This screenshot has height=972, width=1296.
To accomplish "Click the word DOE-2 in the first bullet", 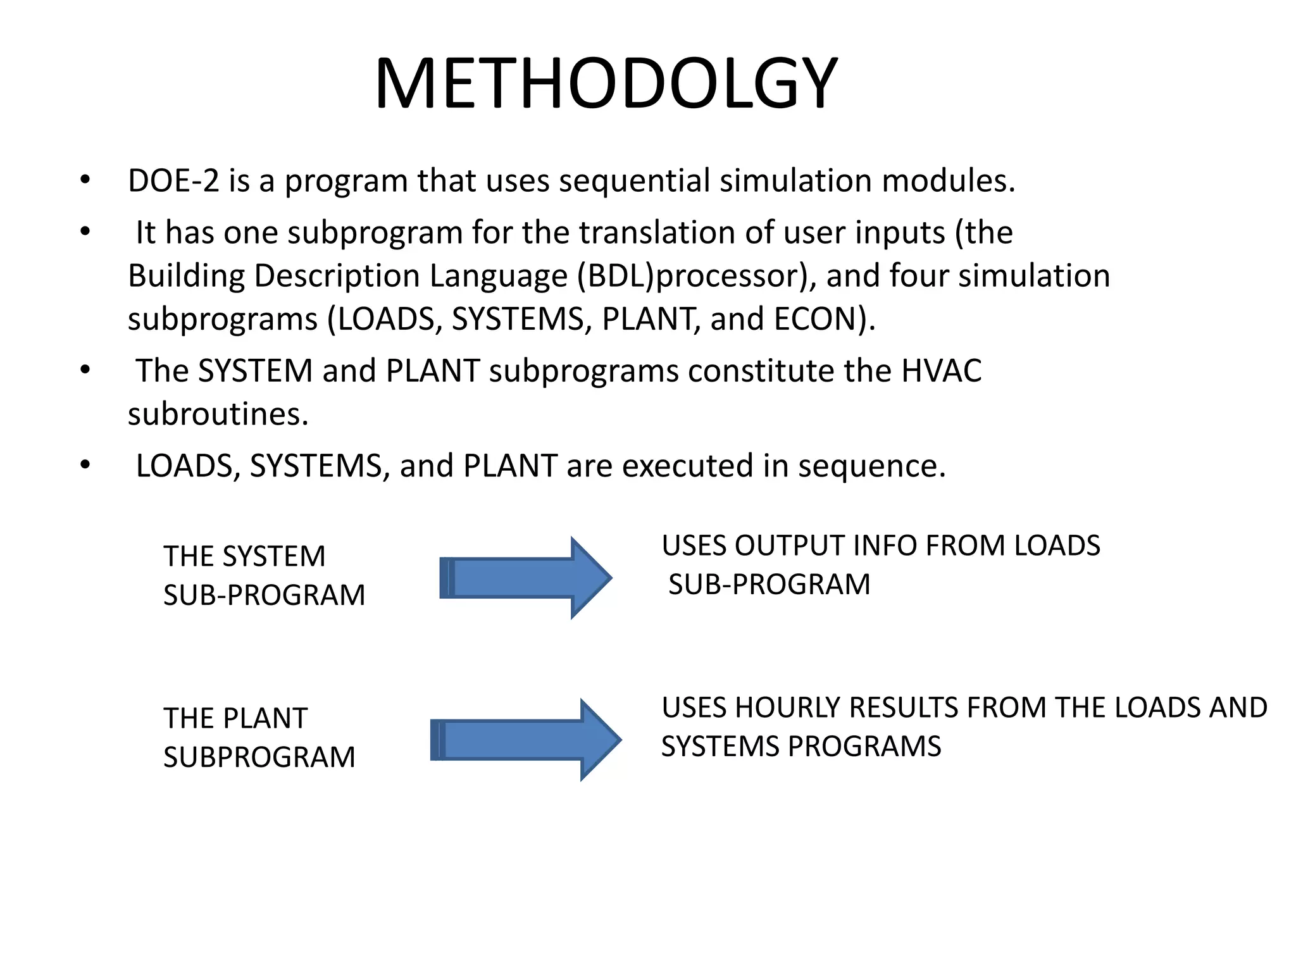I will click(x=173, y=181).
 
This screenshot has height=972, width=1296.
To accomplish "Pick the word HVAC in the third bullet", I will click(x=941, y=371).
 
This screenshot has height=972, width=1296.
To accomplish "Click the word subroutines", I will click(x=218, y=414).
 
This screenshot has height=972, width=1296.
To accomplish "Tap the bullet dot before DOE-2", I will click(x=85, y=181).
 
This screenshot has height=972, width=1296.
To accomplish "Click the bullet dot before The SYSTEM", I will click(x=85, y=371).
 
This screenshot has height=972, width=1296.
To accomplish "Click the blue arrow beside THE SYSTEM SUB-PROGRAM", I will click(x=525, y=577).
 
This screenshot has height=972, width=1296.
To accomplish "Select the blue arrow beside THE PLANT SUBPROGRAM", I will click(x=525, y=740).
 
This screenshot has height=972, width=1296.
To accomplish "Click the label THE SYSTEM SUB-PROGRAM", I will click(x=263, y=576).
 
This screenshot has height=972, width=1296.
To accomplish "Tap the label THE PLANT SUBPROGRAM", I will click(x=258, y=738).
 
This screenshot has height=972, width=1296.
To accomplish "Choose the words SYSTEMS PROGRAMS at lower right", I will click(x=801, y=747).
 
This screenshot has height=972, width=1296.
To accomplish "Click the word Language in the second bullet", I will click(x=499, y=277).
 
